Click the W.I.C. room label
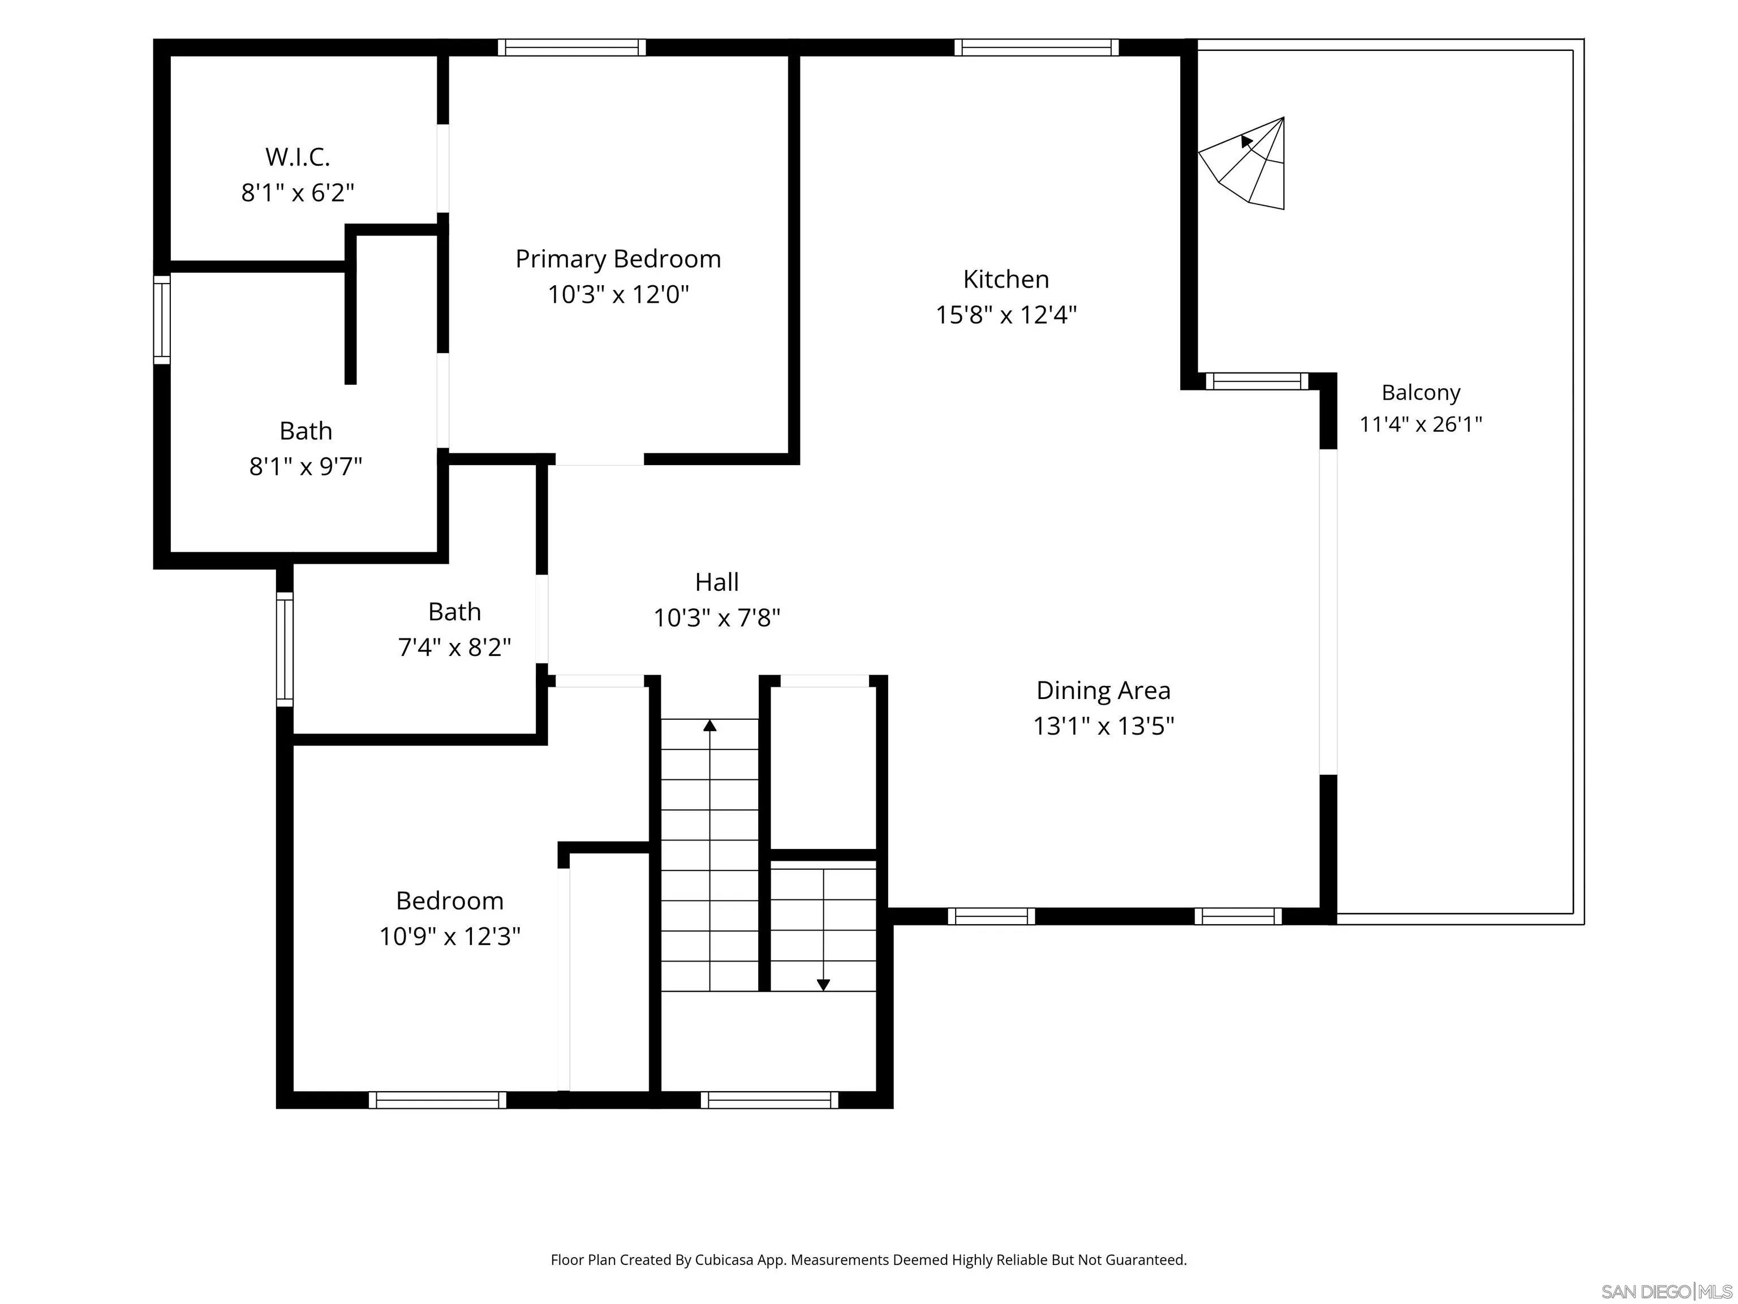click(x=297, y=157)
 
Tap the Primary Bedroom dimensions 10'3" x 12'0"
click(x=618, y=295)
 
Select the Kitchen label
click(x=1006, y=279)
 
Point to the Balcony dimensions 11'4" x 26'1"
click(x=1421, y=424)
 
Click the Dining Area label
click(x=1103, y=690)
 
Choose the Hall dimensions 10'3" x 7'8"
click(x=717, y=618)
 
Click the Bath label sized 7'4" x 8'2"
click(x=454, y=611)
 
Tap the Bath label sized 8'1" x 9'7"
click(x=306, y=431)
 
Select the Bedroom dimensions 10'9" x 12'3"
click(x=449, y=936)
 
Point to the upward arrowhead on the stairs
click(x=709, y=724)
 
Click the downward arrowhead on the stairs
click(x=823, y=985)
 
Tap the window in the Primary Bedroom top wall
click(x=571, y=47)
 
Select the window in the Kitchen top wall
click(x=1036, y=47)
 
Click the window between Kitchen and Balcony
click(x=1257, y=381)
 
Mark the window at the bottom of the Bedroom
click(x=438, y=1100)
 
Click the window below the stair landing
click(x=769, y=1100)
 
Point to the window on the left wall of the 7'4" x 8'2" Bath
click(x=285, y=649)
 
